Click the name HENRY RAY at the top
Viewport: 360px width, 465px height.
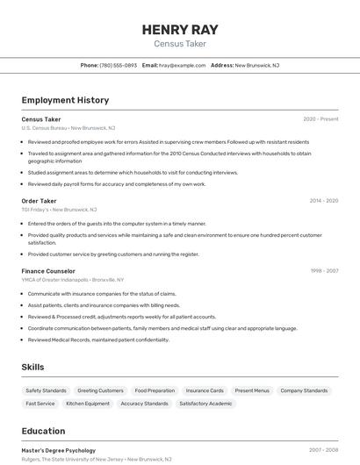pos(180,29)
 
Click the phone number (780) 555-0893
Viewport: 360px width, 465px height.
pos(119,65)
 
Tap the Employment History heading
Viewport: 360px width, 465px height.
pos(65,100)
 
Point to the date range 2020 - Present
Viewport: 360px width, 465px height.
pos(320,118)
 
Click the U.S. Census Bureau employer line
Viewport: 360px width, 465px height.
pos(68,128)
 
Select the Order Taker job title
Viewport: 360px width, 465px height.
pos(39,201)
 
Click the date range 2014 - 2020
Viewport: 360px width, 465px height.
pos(323,201)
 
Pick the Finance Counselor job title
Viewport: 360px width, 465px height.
pos(48,271)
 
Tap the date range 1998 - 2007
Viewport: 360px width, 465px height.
pos(323,271)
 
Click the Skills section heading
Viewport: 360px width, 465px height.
pos(33,367)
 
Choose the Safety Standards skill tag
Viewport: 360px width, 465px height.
pos(46,390)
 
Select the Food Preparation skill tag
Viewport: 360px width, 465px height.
pos(155,390)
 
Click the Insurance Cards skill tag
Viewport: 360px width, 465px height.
pos(205,390)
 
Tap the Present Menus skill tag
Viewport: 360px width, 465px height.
pos(252,390)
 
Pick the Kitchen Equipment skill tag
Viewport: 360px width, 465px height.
pos(88,404)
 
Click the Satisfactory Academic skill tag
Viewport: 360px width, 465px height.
pos(205,404)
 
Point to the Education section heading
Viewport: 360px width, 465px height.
pos(43,431)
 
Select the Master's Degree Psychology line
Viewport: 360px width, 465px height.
pos(58,449)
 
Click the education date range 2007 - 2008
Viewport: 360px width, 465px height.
pos(323,449)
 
